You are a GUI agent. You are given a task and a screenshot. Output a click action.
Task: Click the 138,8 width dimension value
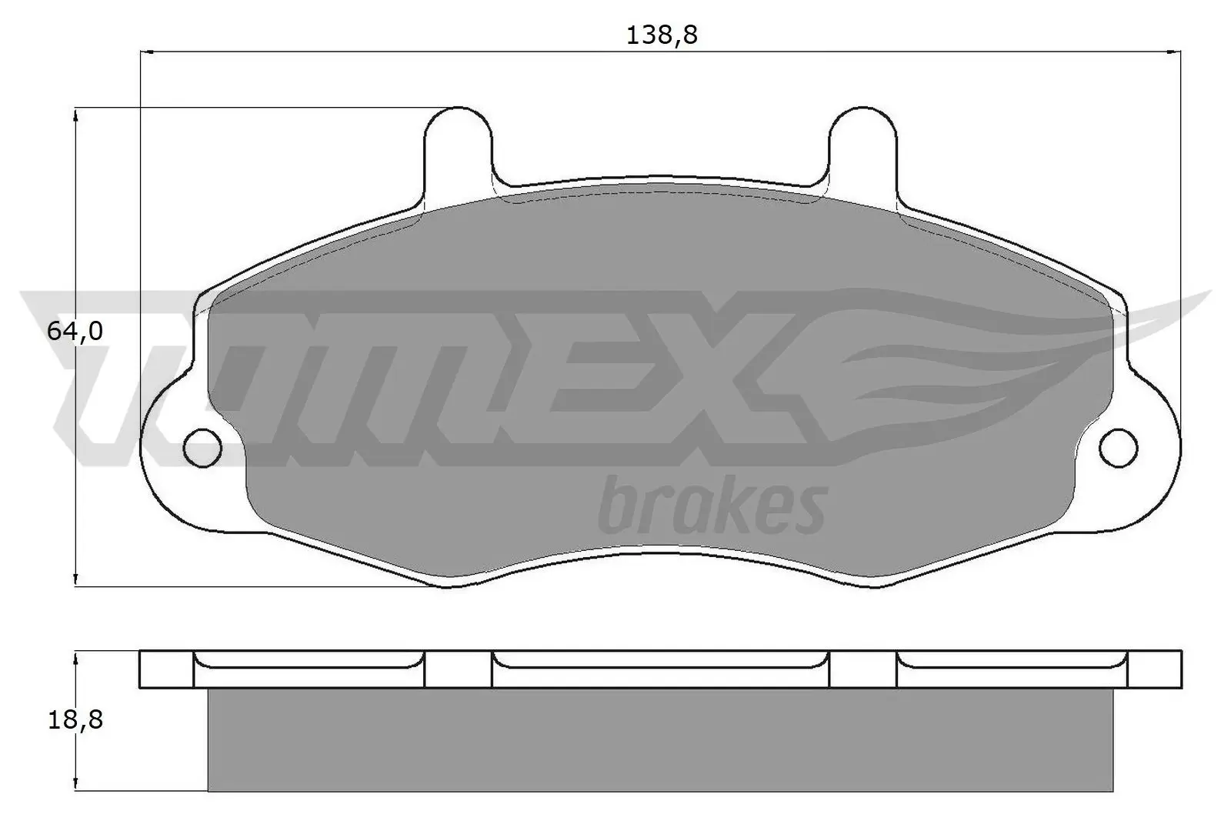tap(661, 35)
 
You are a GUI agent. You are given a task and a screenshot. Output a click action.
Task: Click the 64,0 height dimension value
tap(75, 332)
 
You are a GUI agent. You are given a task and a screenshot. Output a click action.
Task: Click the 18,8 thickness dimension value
tap(75, 720)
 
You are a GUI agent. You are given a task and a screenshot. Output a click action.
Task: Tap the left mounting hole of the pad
tap(203, 446)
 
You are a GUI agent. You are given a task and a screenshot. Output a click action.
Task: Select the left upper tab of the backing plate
tap(458, 146)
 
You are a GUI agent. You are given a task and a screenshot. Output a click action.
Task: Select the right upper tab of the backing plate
tap(863, 146)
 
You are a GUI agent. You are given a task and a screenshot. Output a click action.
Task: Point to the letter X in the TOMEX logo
tap(739, 377)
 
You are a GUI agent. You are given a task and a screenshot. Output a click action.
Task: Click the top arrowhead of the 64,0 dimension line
tap(75, 115)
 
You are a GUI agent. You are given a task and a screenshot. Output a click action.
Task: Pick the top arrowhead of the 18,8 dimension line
tap(75, 659)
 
